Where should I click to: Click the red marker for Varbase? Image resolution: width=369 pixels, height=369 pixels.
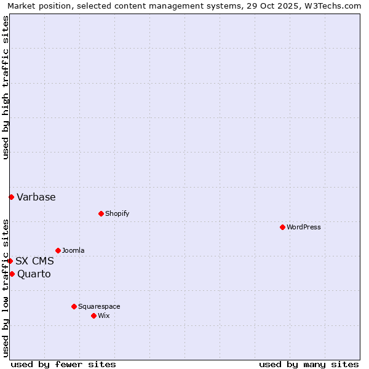point(11,197)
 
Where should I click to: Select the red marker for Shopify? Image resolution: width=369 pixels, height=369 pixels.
point(101,213)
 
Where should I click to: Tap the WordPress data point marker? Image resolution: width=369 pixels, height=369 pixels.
point(282,227)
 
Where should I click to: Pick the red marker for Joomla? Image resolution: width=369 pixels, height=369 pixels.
point(58,250)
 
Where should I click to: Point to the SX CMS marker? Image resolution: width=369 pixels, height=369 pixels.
point(10,261)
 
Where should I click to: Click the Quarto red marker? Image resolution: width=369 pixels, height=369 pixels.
point(12,274)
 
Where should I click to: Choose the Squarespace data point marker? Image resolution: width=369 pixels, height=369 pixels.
point(74,306)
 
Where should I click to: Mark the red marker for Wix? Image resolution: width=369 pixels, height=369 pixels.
point(93,315)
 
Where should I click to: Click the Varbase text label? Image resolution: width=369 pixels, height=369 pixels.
point(36,197)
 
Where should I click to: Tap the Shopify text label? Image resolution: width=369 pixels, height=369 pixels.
point(117,214)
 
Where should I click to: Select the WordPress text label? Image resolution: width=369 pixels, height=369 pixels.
point(304,228)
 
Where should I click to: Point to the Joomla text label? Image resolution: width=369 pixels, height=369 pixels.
point(73,251)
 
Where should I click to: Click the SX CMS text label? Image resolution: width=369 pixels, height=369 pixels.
point(34,261)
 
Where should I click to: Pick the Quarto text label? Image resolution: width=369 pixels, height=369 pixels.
point(34,274)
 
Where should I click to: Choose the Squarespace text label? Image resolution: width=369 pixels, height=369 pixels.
point(99,307)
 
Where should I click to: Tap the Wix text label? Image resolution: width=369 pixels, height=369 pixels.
point(104,316)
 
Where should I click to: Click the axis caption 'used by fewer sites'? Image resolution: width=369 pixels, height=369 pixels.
point(63,364)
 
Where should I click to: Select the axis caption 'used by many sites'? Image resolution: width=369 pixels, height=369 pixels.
point(309,364)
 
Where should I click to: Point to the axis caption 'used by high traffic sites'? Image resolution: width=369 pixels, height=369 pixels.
point(6,87)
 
